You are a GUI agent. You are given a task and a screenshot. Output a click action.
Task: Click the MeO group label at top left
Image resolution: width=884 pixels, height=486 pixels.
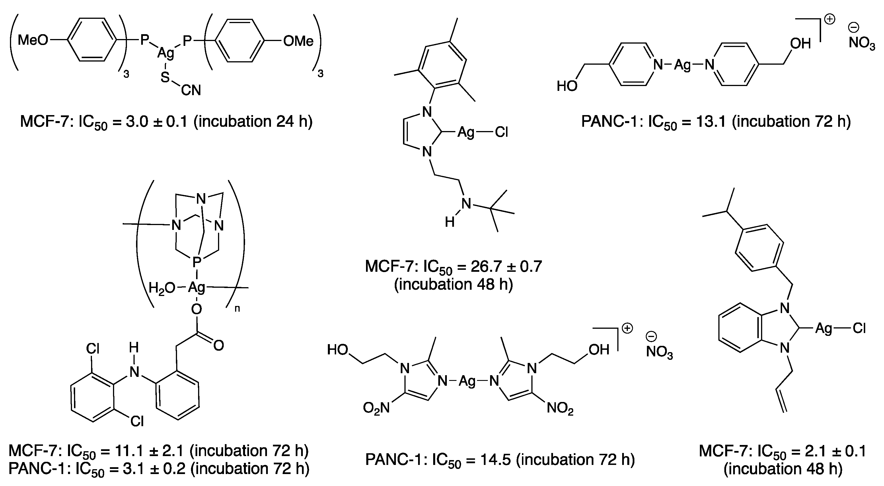pyautogui.click(x=33, y=40)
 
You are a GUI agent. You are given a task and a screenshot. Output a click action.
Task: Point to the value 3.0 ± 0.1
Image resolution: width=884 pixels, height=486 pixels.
pyautogui.click(x=157, y=122)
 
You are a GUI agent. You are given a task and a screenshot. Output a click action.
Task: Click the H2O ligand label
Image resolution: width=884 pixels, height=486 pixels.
pyautogui.click(x=162, y=288)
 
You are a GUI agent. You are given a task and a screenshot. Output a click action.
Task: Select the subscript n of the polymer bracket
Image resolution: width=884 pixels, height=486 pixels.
pyautogui.click(x=237, y=309)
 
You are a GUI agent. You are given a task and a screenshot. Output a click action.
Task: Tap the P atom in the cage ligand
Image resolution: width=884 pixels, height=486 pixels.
pyautogui.click(x=197, y=262)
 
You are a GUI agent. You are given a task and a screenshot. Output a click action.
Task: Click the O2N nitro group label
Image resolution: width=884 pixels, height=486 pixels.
pyautogui.click(x=376, y=408)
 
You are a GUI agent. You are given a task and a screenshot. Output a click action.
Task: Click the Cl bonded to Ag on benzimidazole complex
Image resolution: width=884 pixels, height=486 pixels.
pyautogui.click(x=859, y=329)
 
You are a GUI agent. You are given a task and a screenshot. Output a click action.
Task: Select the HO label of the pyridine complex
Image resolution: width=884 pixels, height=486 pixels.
pyautogui.click(x=567, y=86)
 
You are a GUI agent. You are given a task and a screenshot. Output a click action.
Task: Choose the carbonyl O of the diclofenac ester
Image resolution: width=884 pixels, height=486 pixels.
pyautogui.click(x=219, y=345)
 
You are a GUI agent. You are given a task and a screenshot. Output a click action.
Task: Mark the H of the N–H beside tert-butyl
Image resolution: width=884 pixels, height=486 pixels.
pyautogui.click(x=450, y=222)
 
